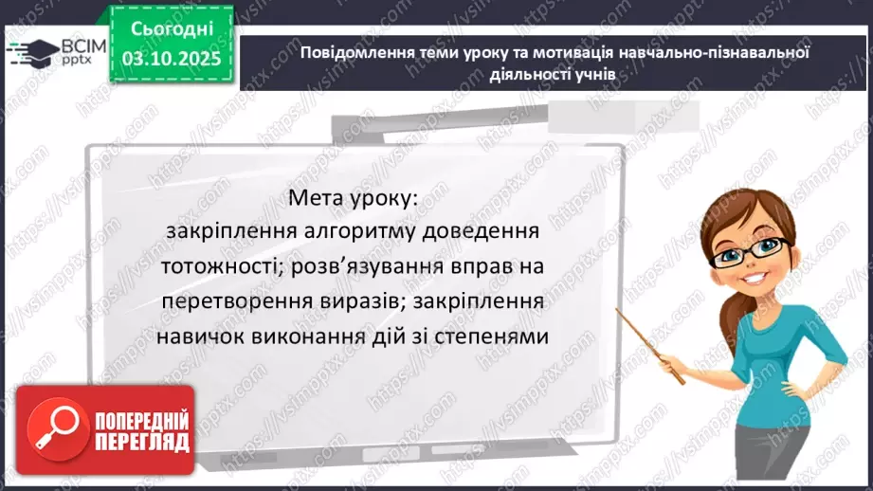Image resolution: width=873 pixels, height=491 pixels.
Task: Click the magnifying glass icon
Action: pyautogui.click(x=47, y=428)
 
